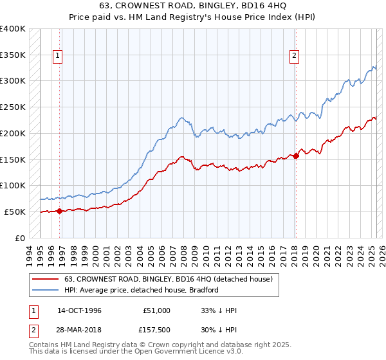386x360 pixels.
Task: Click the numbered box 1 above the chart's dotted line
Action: [58, 56]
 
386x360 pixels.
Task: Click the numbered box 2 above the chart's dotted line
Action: [294, 56]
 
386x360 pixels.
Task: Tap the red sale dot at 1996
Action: [59, 211]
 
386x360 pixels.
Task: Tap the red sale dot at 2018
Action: [296, 155]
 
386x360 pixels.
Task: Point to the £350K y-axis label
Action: [13, 55]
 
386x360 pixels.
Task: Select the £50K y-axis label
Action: [15, 212]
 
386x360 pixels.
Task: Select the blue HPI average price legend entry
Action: [142, 290]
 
